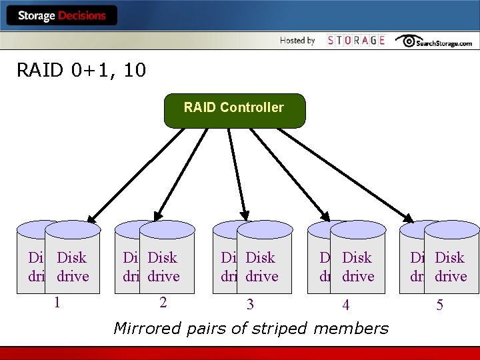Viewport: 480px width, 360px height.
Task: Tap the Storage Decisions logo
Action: pos(62,15)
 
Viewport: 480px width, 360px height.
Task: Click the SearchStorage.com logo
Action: pos(433,41)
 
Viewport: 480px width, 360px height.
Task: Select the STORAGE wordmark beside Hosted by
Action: pos(356,41)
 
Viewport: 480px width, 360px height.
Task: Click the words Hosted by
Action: pos(297,41)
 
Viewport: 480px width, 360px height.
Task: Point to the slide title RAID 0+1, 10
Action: pos(81,70)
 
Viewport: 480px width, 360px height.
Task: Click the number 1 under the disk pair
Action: pos(58,302)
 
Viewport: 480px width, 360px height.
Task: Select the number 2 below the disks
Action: pos(163,302)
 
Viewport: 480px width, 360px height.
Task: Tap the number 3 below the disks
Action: pos(250,305)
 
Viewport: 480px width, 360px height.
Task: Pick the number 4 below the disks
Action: pos(345,305)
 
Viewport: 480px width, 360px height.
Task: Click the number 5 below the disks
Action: pos(439,305)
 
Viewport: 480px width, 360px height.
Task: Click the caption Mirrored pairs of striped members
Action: pos(251,328)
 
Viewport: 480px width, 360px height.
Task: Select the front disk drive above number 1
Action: pos(73,260)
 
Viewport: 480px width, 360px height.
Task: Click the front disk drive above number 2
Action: pos(167,260)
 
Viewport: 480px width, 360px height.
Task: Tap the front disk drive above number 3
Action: pos(265,260)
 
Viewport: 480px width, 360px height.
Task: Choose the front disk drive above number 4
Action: pos(358,260)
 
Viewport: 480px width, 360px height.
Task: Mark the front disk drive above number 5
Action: pos(451,260)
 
